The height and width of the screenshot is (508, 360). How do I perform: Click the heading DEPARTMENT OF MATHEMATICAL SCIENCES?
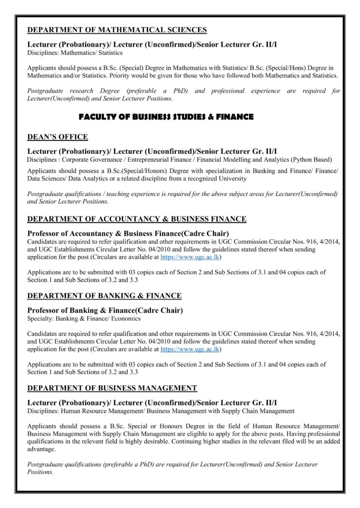tap(117, 30)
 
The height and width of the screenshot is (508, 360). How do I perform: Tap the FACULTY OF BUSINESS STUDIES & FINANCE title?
tap(166, 117)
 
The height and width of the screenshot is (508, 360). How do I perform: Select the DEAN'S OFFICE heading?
tap(58, 137)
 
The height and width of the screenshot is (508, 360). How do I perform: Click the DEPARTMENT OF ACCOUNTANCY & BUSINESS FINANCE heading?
tap(137, 219)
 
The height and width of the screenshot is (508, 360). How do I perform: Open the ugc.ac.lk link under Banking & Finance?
tap(191, 349)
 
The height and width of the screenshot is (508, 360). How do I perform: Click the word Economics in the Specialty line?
tap(126, 318)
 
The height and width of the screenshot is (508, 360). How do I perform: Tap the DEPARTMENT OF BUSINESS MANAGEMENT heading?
tap(112, 387)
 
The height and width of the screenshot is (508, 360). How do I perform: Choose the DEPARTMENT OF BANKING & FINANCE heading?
tap(104, 296)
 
